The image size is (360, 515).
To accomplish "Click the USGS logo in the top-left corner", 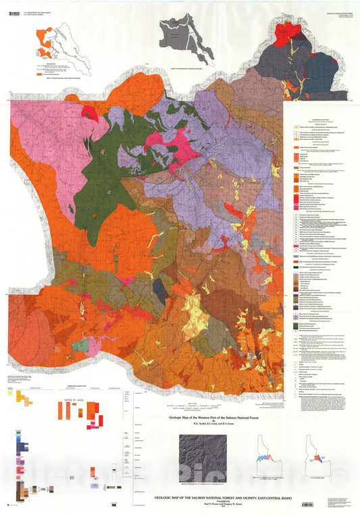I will tap(17, 6).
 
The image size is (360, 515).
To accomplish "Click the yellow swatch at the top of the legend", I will tap(294, 128).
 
